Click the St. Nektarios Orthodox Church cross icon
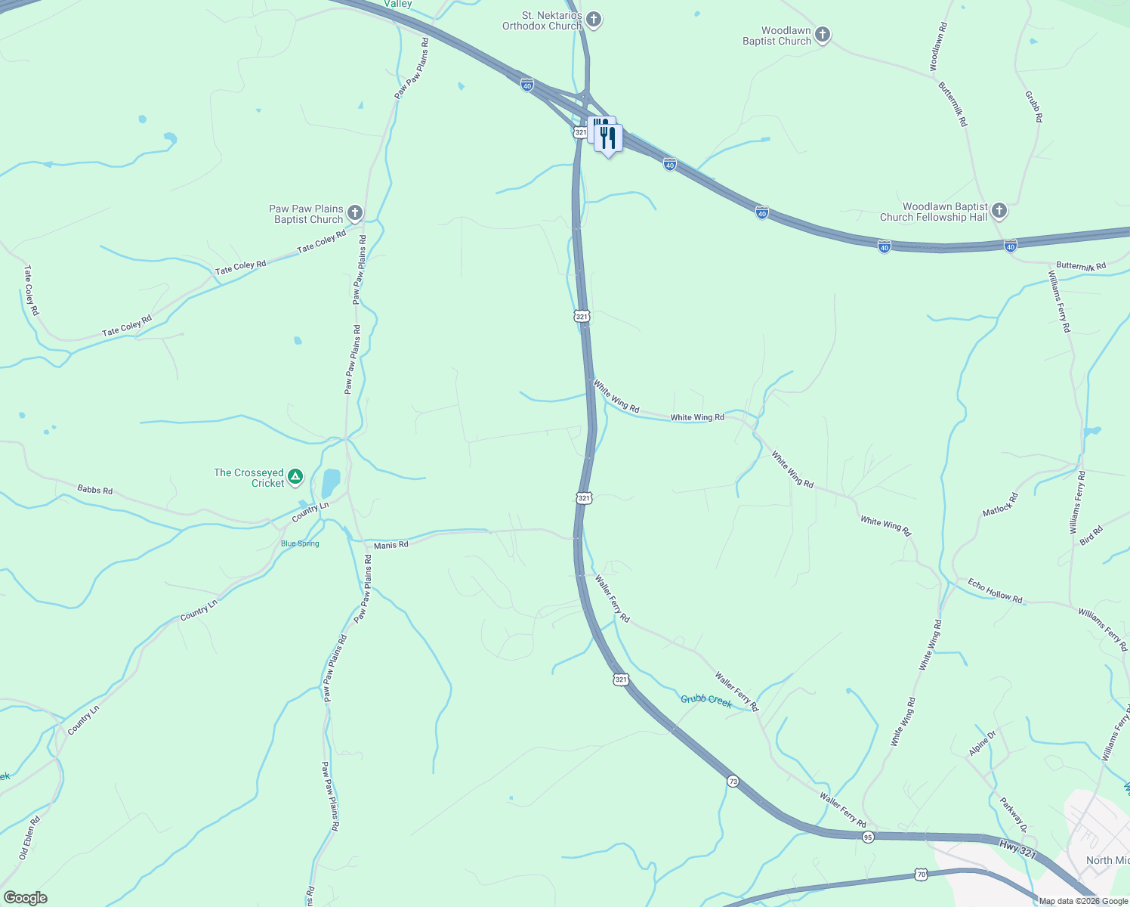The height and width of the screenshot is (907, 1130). click(594, 20)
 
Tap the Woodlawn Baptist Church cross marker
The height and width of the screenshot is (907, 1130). click(823, 35)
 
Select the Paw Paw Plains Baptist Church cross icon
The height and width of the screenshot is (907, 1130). click(355, 213)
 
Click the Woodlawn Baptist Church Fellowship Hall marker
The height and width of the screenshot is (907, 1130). click(999, 211)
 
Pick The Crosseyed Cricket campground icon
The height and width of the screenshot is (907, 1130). click(296, 477)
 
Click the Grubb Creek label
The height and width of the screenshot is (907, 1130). click(706, 700)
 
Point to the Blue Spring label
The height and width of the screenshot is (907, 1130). click(300, 543)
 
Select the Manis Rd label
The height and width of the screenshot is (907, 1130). click(391, 545)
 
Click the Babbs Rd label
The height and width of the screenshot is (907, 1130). click(95, 490)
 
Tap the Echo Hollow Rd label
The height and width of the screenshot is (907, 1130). click(995, 590)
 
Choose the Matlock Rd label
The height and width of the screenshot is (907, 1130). click(1000, 505)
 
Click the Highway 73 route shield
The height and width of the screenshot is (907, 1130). click(733, 781)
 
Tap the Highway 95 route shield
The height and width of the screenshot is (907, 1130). click(868, 837)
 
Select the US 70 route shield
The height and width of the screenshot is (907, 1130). click(921, 874)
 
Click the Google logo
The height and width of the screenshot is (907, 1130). click(25, 898)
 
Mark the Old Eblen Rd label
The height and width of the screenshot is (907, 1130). click(28, 838)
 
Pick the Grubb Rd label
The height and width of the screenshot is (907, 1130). click(1033, 107)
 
